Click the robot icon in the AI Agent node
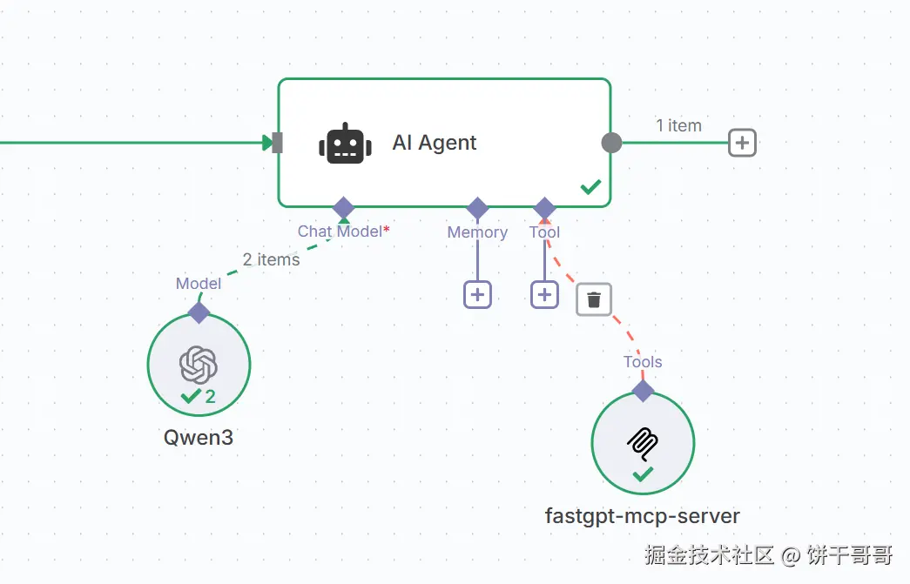[x=345, y=144]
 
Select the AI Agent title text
[x=435, y=144]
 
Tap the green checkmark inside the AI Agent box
[x=591, y=186]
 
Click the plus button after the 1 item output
[x=742, y=143]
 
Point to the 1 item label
[x=678, y=125]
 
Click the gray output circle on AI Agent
[x=611, y=143]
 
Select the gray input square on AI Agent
[x=277, y=143]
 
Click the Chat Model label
[x=340, y=232]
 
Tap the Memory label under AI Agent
[x=477, y=232]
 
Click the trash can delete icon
[x=594, y=299]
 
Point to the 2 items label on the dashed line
[x=271, y=259]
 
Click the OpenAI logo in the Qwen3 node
[x=199, y=364]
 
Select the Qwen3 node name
[x=199, y=437]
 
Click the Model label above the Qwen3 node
[x=199, y=284]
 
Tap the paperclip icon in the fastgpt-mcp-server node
[x=643, y=442]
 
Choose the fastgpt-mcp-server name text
[x=643, y=516]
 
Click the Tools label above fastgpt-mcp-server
[x=643, y=362]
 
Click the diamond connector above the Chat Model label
[x=344, y=208]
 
